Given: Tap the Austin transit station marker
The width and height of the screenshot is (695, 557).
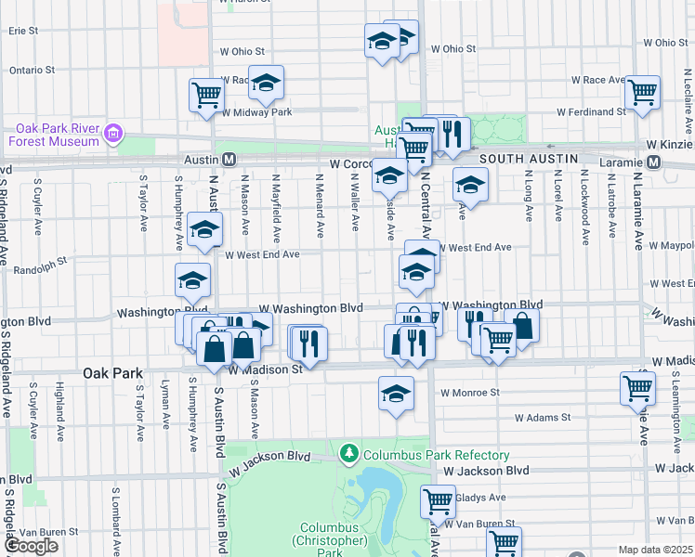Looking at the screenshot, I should (228, 161).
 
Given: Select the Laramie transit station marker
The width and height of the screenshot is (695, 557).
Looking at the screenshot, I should (653, 162).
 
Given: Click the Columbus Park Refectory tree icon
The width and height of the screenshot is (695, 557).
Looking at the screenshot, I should (349, 454).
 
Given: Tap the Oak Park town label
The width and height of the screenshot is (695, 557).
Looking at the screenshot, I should (112, 373).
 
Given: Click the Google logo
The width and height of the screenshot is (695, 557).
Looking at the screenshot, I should (31, 546).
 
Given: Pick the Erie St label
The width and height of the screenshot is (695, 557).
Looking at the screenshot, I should (23, 31).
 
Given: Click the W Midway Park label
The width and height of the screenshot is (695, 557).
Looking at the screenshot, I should (257, 112).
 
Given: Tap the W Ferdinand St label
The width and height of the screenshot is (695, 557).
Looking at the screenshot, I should (592, 112).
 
